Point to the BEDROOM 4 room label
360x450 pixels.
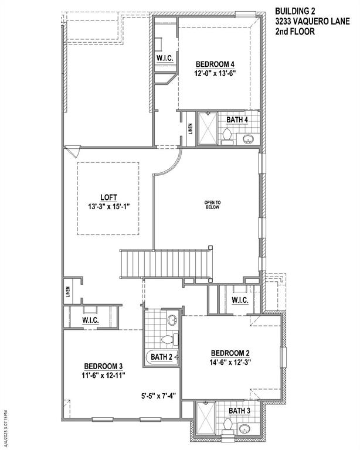[215, 64]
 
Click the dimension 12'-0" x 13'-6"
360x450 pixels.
[215, 74]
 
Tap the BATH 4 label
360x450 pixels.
[237, 120]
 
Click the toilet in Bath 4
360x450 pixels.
[226, 136]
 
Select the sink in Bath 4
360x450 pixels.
[249, 139]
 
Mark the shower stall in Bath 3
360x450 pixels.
[203, 417]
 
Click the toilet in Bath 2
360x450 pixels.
[167, 339]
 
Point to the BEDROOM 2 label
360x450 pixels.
[230, 353]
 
